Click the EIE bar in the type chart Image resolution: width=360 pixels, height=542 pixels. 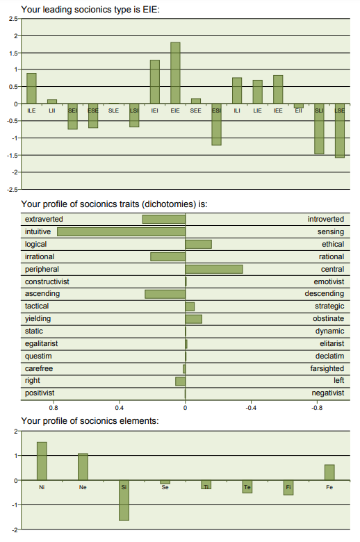point(175,73)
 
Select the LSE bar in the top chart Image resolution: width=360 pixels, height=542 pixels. point(340,131)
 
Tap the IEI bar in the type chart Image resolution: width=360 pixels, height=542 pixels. point(155,82)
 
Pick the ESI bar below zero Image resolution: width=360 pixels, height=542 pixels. point(216,124)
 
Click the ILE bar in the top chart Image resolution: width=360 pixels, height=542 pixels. point(31,88)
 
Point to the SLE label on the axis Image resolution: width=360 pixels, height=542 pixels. point(113,110)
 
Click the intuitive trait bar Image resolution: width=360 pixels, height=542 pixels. point(122,231)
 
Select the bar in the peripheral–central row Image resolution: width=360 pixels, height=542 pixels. point(214,269)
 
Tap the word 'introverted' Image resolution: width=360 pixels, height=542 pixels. point(326,219)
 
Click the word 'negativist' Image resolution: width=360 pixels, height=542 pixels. point(328,393)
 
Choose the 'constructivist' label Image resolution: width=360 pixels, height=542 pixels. point(47,281)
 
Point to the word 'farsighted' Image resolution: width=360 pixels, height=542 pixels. point(327,368)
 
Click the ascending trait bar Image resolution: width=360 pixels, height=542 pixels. point(165,294)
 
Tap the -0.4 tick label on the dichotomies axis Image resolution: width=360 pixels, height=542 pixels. point(251,408)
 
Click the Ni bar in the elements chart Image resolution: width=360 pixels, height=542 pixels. point(42,461)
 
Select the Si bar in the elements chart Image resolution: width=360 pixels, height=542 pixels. point(124,500)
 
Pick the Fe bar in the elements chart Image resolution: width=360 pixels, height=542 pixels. point(329,473)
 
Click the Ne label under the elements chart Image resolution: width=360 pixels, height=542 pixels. point(83,487)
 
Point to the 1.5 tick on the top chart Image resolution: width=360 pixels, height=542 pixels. point(13,54)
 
